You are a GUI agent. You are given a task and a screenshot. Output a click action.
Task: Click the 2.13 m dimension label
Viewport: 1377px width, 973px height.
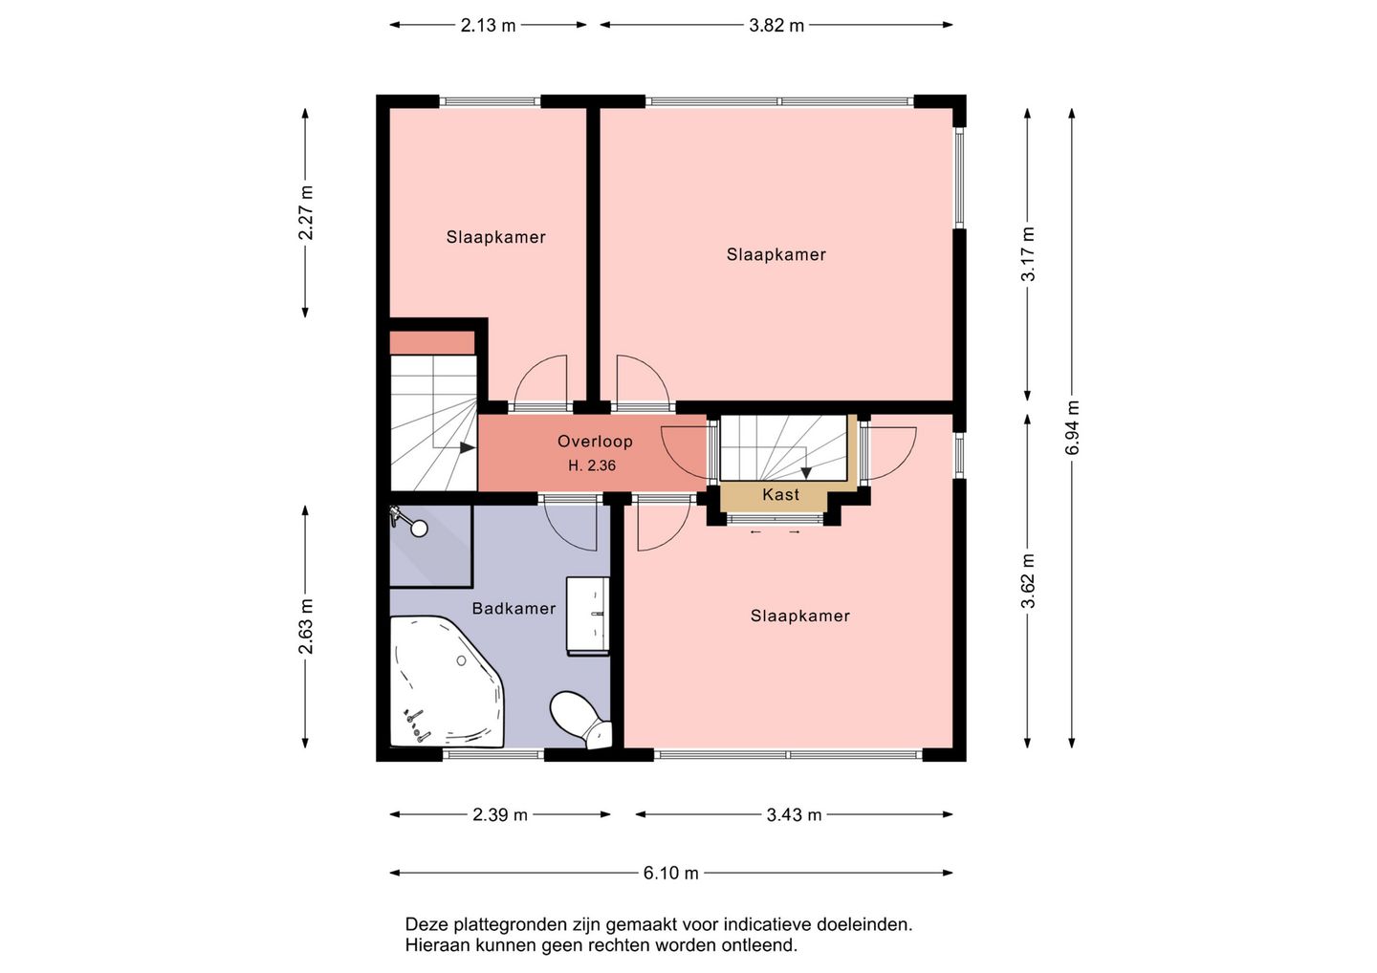tap(488, 25)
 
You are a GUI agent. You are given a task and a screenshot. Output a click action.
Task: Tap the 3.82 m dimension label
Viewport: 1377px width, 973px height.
tap(776, 25)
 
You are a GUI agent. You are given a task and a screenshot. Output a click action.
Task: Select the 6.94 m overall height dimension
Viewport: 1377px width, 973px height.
tap(1072, 427)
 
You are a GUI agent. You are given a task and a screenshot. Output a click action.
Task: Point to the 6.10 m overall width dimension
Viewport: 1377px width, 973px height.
tap(670, 873)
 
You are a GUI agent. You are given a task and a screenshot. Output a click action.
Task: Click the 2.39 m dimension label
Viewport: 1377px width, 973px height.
tap(500, 814)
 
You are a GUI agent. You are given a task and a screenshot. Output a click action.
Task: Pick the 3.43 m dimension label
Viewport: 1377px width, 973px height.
tap(794, 814)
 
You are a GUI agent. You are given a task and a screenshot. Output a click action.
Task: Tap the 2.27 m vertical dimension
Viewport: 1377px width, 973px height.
tap(306, 212)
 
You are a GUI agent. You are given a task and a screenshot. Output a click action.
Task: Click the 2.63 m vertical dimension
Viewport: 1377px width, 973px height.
tap(306, 627)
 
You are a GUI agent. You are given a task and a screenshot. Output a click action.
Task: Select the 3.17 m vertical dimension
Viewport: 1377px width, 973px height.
tap(1028, 253)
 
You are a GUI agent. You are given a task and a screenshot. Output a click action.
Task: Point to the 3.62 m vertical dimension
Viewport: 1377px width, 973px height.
tap(1028, 580)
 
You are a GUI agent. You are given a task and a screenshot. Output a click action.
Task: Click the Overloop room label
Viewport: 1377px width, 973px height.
tap(595, 441)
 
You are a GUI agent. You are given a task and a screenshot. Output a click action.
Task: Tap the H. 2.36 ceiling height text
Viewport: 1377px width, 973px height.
tap(591, 465)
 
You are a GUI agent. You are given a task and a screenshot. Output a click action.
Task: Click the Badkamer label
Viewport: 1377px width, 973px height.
tap(514, 608)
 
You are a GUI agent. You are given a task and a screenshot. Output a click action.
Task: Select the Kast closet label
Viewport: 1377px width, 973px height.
tap(780, 494)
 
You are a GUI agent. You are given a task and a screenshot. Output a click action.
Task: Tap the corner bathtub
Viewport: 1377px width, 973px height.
tap(447, 681)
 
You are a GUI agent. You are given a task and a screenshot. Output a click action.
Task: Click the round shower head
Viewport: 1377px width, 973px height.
tap(419, 529)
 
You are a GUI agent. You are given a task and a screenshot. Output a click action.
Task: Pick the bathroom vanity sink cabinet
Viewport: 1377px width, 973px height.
tap(588, 616)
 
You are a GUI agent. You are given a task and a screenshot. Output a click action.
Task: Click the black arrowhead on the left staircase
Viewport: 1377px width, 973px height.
tap(468, 448)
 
